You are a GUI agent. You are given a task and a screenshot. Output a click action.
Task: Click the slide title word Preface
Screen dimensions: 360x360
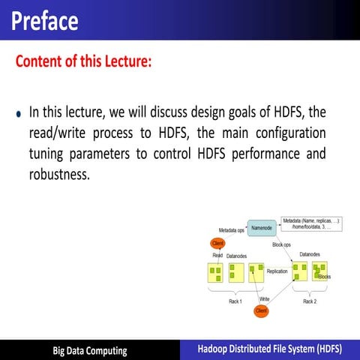click(x=45, y=20)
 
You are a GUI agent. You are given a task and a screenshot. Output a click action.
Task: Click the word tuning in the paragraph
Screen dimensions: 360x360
click(x=49, y=154)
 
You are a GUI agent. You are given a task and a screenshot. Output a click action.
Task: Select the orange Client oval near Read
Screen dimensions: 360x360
click(x=218, y=243)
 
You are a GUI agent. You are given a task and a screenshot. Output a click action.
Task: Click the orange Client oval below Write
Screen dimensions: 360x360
click(x=261, y=310)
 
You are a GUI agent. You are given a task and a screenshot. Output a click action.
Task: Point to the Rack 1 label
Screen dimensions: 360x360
click(x=235, y=301)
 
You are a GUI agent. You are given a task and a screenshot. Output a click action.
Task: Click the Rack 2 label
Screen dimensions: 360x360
click(x=310, y=301)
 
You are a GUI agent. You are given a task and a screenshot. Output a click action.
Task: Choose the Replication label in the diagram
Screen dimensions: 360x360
click(x=277, y=271)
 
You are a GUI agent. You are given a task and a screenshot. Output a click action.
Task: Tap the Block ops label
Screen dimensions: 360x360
click(x=282, y=245)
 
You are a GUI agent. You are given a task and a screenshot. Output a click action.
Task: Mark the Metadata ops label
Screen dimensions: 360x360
click(x=231, y=229)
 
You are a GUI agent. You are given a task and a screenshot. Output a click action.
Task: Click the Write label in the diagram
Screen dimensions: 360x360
click(x=264, y=299)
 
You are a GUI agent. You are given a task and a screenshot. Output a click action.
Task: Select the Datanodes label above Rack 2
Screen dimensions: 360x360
click(x=310, y=254)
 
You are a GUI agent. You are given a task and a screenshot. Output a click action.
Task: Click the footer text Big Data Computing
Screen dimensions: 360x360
click(x=89, y=350)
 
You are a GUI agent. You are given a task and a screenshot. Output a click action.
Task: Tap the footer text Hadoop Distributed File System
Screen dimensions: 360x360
click(x=269, y=349)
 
